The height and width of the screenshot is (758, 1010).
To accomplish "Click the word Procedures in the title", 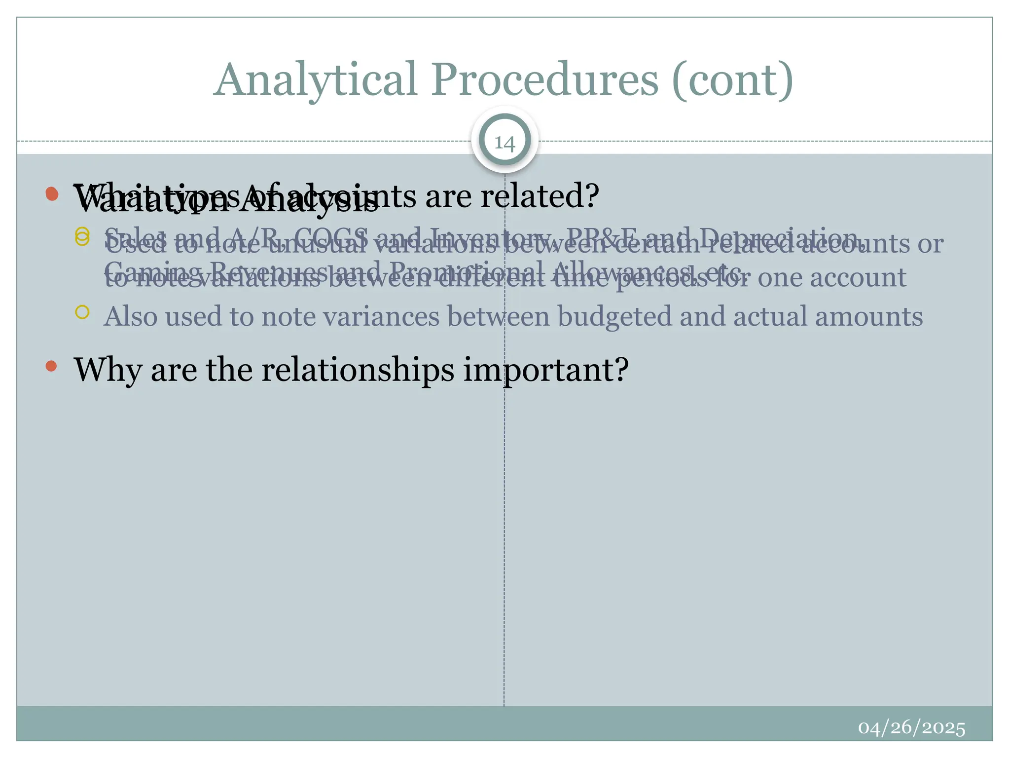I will click(x=545, y=80).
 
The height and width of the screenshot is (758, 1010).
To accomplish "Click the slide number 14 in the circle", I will click(x=505, y=143).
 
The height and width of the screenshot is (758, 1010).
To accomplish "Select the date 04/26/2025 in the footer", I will click(x=911, y=728).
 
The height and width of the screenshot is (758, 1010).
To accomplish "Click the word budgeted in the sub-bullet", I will click(x=614, y=316).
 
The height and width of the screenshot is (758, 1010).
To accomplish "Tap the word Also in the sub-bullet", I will click(x=130, y=316).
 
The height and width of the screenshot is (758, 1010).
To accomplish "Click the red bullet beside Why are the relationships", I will click(x=51, y=366).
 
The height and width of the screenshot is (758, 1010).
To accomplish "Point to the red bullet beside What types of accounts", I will click(x=51, y=193).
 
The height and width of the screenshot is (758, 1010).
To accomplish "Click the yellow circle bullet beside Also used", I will click(x=82, y=312).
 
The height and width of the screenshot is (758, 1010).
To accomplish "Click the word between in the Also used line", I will click(x=498, y=316).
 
